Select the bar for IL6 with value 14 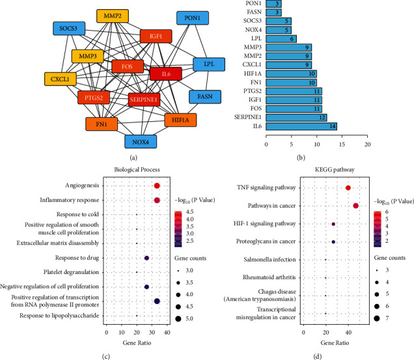301,126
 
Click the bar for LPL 281,38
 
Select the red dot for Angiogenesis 157,186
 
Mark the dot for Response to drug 146,258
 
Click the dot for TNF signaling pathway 348,188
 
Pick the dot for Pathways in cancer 356,206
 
